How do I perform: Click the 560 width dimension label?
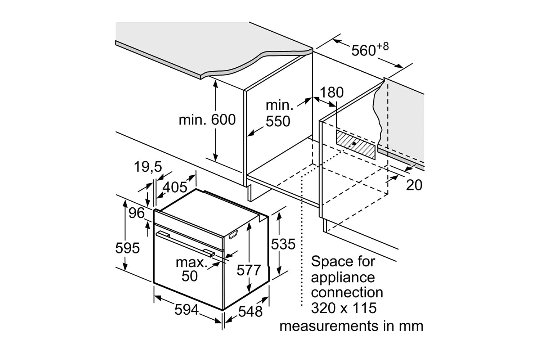(364, 50)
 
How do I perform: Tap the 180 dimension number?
(332, 93)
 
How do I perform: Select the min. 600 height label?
(207, 120)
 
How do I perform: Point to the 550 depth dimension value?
(278, 122)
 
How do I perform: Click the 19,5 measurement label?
(148, 167)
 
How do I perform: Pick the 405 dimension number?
(175, 187)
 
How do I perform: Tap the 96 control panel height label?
(136, 213)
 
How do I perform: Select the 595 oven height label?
(127, 248)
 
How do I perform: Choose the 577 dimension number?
(248, 270)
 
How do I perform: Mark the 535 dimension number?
(283, 244)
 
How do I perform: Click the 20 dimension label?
(414, 185)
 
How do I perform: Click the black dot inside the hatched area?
(354, 143)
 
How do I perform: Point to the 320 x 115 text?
(343, 308)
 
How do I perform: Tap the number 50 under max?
(190, 276)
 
